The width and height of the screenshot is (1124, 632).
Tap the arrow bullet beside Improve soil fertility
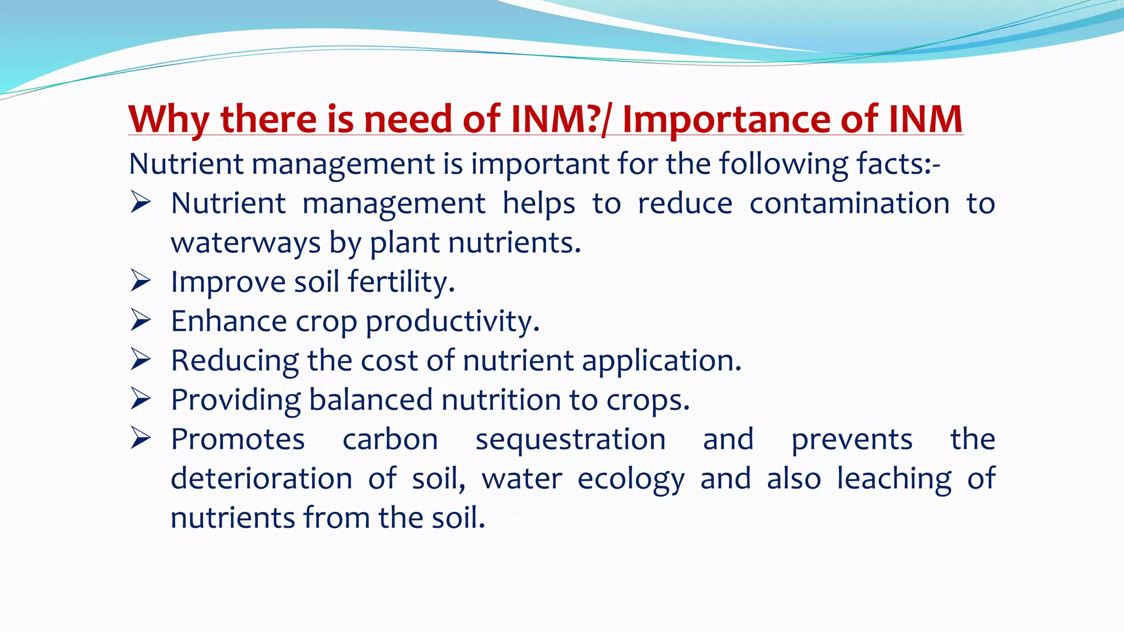point(140,281)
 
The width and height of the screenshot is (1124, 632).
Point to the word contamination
point(849,204)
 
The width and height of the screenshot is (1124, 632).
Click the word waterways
point(245,242)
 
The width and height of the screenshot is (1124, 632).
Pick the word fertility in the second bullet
point(401,282)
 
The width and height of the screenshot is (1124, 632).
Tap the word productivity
point(452,321)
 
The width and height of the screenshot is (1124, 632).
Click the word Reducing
point(234,361)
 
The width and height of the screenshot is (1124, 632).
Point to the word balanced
point(371,400)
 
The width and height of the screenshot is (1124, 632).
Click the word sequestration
point(570,439)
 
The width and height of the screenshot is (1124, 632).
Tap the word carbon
point(390,439)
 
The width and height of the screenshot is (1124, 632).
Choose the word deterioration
point(261,478)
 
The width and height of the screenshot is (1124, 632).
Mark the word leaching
point(894,479)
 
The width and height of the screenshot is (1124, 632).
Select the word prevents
point(852,439)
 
